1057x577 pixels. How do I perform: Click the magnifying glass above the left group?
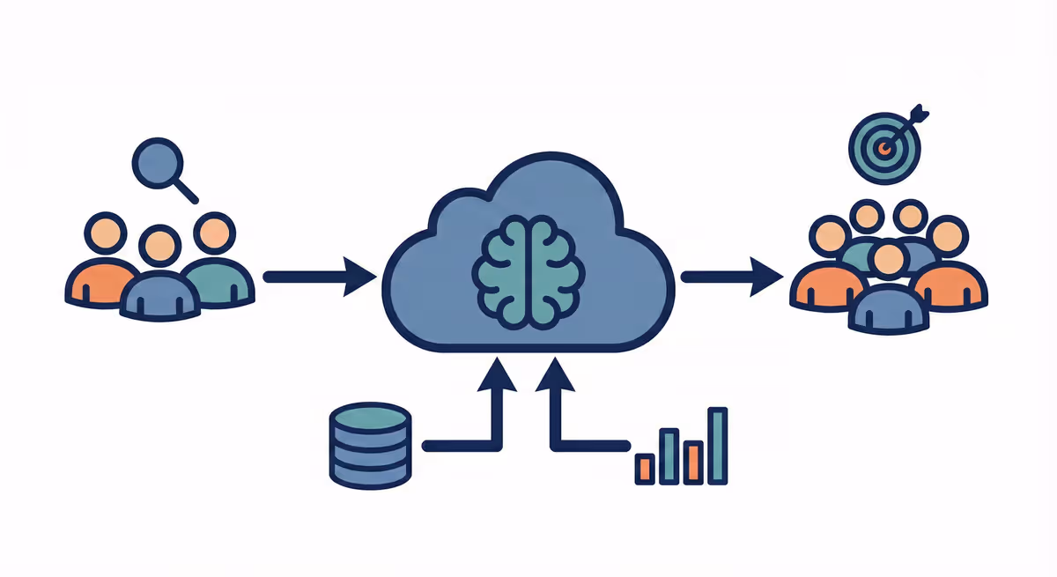159,165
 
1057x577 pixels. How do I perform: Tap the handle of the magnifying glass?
187,191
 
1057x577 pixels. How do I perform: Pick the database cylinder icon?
371,445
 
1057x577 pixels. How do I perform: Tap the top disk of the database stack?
371,418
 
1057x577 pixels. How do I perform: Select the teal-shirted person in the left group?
216,264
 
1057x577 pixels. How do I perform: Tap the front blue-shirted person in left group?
159,282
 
